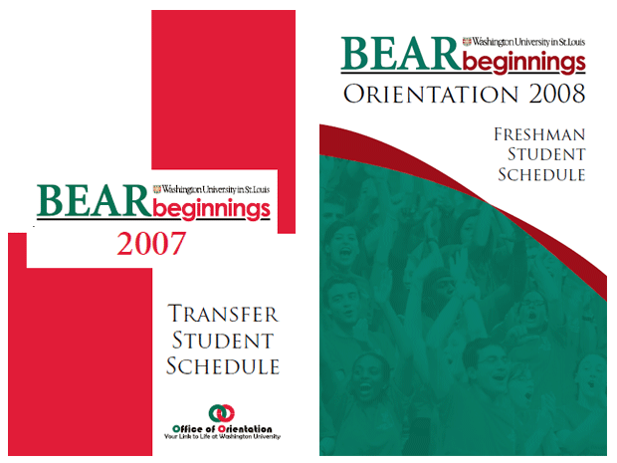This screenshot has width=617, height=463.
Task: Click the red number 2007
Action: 151,244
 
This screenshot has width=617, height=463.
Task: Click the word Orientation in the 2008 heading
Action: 431,95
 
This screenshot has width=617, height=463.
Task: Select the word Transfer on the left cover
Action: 223,314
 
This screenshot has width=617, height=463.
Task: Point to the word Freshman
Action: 539,134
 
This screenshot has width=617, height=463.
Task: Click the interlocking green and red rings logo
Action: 222,414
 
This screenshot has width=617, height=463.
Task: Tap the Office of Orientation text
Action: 222,429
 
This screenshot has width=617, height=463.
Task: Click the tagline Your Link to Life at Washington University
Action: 222,437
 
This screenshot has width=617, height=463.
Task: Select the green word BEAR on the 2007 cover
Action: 95,201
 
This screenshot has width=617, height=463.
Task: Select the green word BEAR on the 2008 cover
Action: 401,54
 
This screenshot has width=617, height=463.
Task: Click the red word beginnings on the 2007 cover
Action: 211,209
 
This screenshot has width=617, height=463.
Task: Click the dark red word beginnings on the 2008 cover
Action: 523,63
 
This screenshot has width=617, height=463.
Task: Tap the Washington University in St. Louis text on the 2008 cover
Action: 528,42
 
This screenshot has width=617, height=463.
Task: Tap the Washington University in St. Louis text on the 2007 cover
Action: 216,190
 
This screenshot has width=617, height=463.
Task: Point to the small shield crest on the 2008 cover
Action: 467,42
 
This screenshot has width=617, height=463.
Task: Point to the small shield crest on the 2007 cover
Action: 157,189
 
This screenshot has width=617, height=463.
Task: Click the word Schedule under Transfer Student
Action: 223,366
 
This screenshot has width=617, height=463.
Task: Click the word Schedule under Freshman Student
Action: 541,174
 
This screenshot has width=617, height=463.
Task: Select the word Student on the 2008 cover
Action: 546,154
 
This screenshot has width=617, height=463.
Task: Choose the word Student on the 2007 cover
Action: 223,341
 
